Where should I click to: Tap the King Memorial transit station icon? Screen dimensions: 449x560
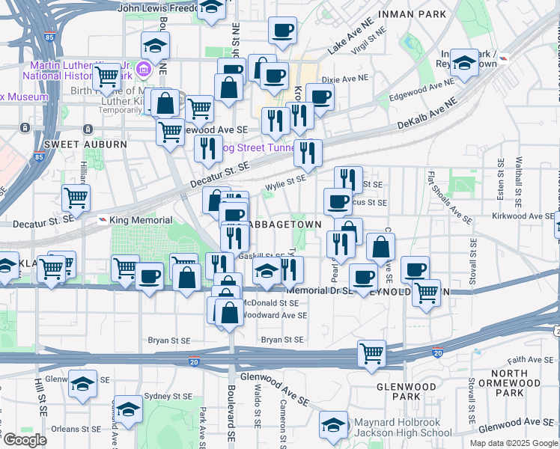[x=103, y=220]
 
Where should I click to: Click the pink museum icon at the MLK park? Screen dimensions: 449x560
[x=144, y=71]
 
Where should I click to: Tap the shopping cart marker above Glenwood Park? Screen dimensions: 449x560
[x=372, y=352]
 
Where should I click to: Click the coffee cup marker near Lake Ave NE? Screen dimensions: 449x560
[x=283, y=31]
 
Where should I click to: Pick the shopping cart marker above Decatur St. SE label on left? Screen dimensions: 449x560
[x=76, y=198]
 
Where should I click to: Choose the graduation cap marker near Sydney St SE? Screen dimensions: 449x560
[x=129, y=409]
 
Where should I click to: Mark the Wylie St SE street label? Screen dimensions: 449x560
[x=286, y=180]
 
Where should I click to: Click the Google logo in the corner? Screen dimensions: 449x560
[x=24, y=440]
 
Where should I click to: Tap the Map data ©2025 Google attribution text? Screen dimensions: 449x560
[x=513, y=443]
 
